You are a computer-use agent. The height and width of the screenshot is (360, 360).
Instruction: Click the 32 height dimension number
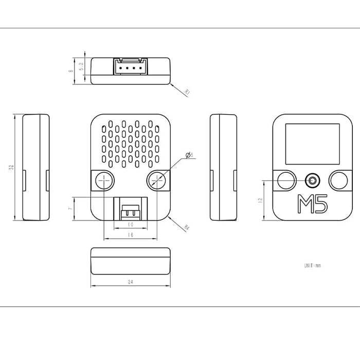[x=11, y=167]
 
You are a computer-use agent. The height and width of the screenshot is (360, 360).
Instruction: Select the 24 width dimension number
[x=130, y=282]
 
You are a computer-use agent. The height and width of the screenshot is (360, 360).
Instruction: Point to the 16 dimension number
[x=131, y=235]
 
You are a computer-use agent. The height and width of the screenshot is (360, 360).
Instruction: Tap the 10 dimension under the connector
[x=130, y=225]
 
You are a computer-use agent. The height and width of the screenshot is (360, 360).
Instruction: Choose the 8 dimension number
[x=70, y=71]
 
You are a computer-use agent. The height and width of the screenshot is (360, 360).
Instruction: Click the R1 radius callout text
[x=187, y=93]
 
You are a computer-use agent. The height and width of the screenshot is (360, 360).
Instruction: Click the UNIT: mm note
[x=312, y=266]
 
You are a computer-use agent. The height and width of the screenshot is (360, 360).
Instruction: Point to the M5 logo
[x=313, y=204]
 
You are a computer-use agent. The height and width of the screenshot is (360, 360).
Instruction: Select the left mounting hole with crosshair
[x=104, y=181]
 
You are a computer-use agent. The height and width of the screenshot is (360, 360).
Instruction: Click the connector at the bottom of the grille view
[x=130, y=208]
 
